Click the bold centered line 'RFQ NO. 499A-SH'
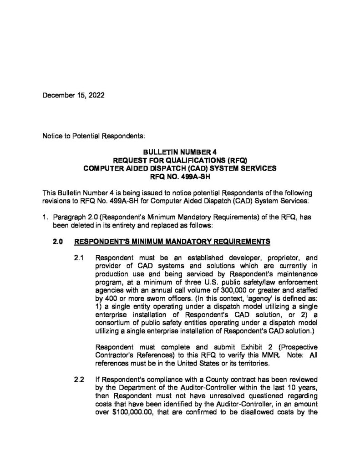click(180, 176)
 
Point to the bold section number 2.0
click(58, 240)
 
